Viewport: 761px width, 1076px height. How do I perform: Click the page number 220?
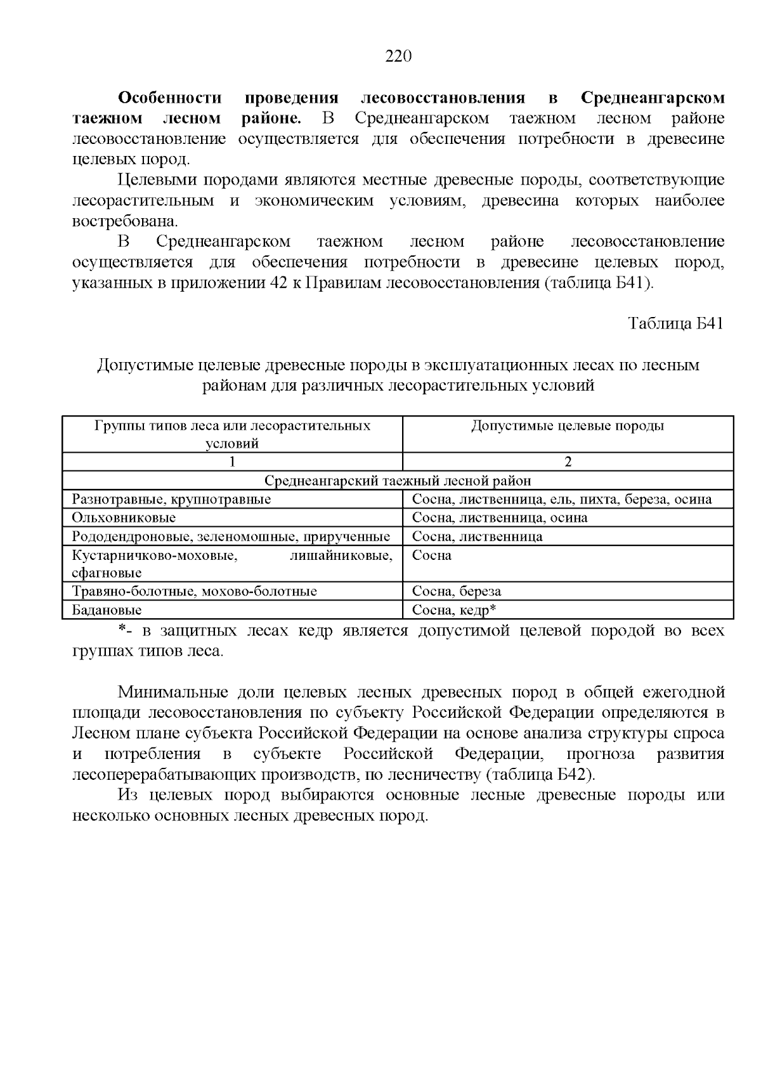coord(399,56)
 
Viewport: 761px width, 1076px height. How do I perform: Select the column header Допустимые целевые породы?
coord(568,426)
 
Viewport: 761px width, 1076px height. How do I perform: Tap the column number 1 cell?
coord(232,462)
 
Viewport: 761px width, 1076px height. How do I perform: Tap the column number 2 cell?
coord(568,462)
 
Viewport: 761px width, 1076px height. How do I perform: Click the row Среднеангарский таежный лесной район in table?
coord(398,481)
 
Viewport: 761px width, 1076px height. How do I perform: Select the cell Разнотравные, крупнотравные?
coord(171,499)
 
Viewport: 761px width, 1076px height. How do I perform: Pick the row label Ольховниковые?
coord(124,517)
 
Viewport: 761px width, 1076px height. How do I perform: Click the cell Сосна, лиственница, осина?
coord(500,517)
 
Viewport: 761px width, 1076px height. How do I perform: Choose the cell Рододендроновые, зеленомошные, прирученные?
coord(231,536)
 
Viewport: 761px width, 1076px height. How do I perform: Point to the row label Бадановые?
coord(107,610)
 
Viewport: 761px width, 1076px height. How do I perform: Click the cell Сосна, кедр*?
coord(453,610)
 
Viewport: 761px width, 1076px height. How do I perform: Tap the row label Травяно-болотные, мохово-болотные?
coord(194,592)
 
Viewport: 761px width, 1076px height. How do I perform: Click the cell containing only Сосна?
coord(432,555)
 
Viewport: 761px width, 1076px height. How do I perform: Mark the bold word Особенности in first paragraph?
coord(171,98)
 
